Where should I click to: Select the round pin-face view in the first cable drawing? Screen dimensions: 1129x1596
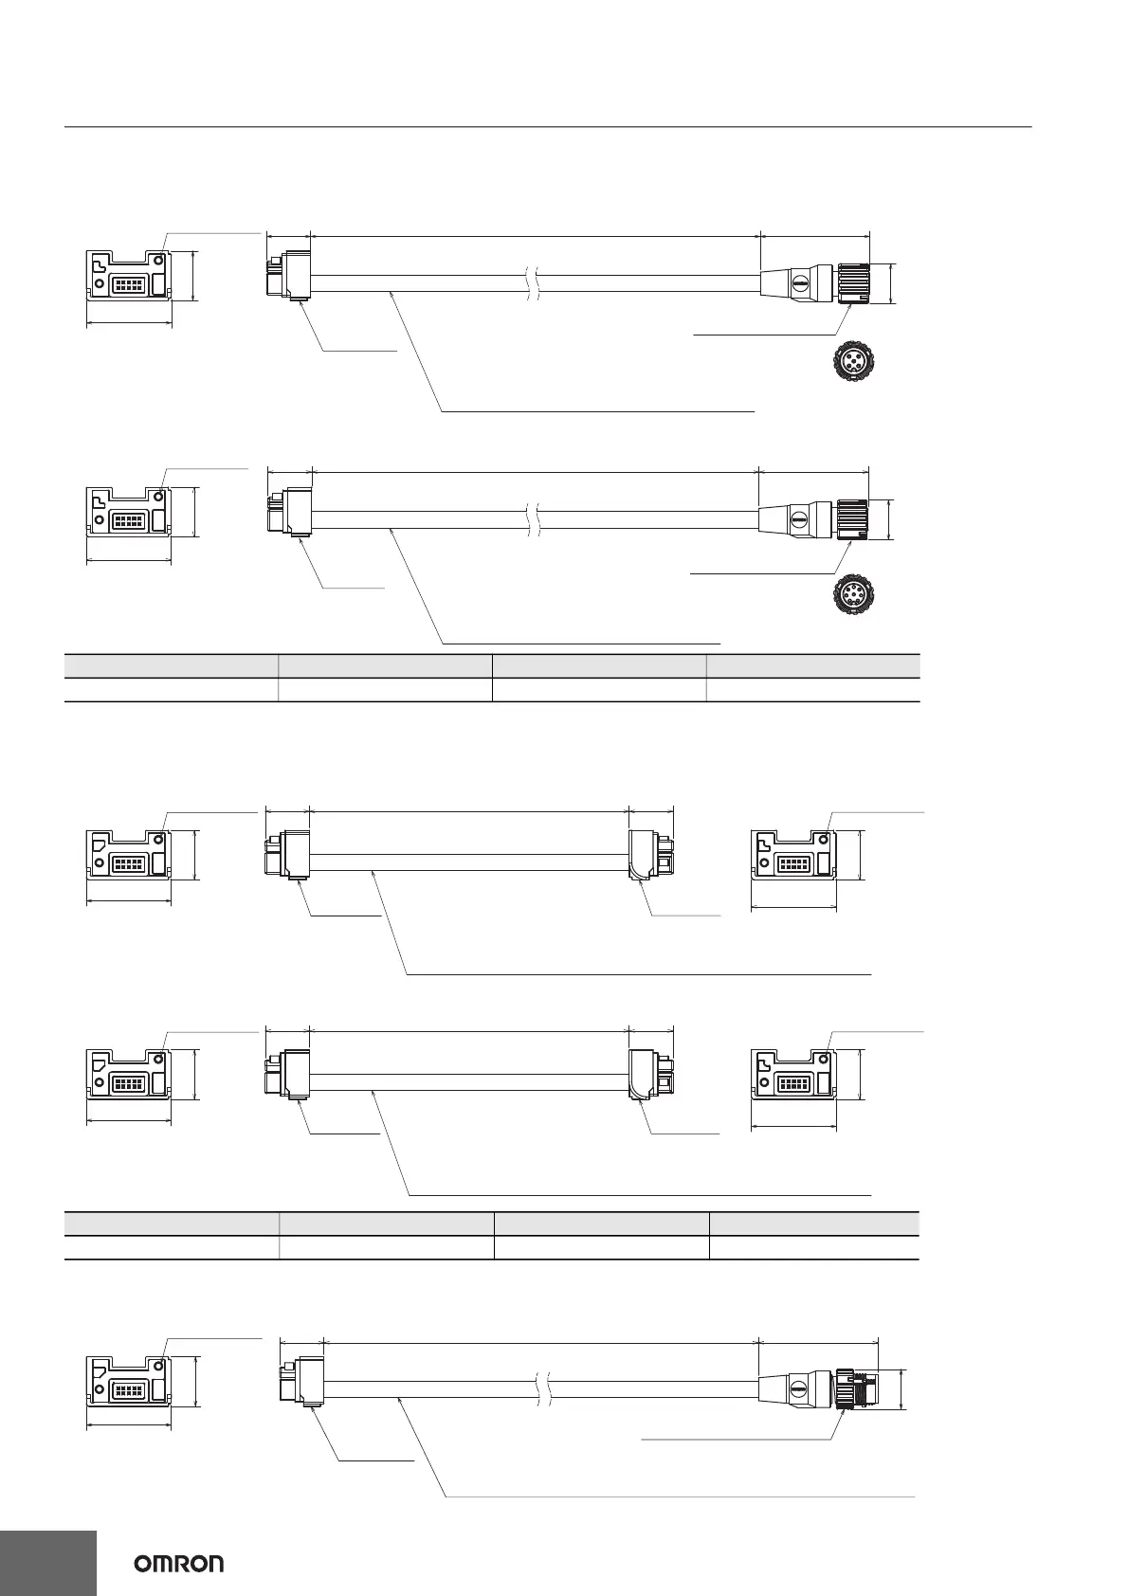click(x=850, y=362)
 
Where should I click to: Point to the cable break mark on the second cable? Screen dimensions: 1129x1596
click(x=532, y=519)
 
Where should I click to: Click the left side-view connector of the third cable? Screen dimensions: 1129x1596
click(x=288, y=855)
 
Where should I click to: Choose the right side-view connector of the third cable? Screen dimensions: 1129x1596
click(x=650, y=855)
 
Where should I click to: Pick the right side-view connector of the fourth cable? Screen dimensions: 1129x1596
click(x=650, y=1075)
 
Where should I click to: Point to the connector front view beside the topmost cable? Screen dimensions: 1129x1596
click(x=129, y=281)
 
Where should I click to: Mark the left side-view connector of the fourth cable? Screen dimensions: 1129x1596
click(x=288, y=1075)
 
